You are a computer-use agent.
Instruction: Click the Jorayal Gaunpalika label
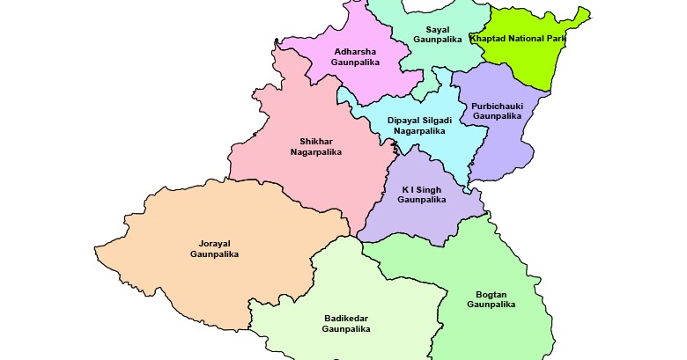[214, 248]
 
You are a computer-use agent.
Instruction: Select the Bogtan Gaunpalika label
[491, 298]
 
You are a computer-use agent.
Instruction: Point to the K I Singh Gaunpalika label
[422, 195]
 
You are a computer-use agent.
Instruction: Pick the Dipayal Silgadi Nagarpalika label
[419, 125]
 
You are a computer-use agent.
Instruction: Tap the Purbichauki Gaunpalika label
[497, 110]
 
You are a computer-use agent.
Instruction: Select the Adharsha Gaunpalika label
[354, 56]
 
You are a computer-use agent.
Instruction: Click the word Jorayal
[214, 243]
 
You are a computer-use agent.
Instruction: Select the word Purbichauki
[497, 105]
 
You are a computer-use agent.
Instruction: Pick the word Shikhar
[315, 141]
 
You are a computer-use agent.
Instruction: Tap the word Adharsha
[354, 51]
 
